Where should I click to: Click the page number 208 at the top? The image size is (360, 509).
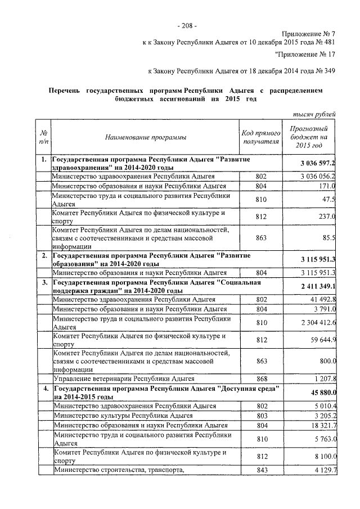186,25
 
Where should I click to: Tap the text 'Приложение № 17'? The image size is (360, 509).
307,55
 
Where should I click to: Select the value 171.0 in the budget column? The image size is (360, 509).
326,186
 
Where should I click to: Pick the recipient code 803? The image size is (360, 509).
260,416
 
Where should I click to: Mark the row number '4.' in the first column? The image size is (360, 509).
43,389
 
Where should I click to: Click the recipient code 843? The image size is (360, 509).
260,470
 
